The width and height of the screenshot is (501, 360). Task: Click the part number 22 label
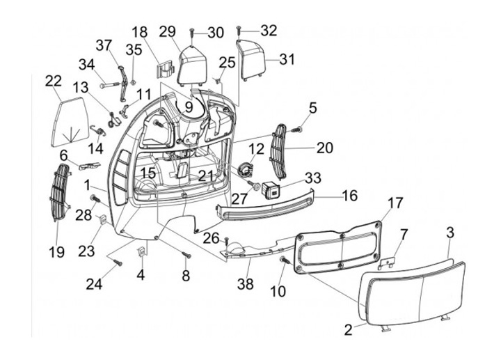[x=54, y=82]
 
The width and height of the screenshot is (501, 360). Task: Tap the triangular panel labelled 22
[x=69, y=123]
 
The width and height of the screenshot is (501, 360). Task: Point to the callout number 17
[x=395, y=203]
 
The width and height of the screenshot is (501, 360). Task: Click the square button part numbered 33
[x=272, y=189]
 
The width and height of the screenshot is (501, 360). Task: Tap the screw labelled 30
[x=191, y=32]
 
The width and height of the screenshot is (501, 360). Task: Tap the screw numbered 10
[x=285, y=260]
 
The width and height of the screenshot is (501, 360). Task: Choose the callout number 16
[x=351, y=196]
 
